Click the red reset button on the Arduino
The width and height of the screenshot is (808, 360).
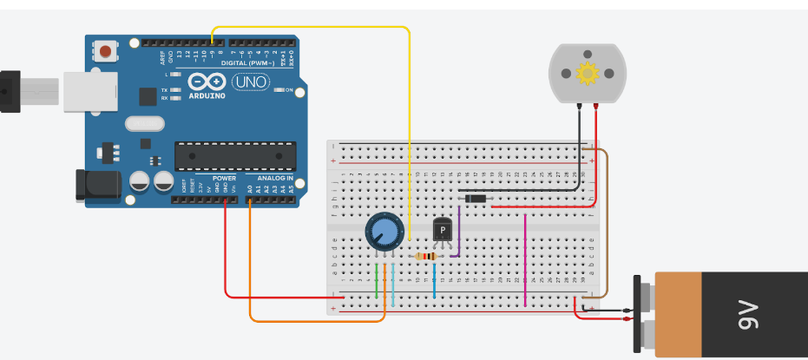click(105, 51)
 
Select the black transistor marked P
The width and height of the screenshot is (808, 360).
click(443, 230)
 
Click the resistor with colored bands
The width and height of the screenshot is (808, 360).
click(426, 256)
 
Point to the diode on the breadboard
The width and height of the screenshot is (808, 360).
click(475, 200)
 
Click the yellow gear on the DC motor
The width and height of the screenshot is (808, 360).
click(588, 75)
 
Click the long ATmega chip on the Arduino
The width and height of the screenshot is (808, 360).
click(234, 155)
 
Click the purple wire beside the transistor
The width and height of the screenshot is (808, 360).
click(460, 230)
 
